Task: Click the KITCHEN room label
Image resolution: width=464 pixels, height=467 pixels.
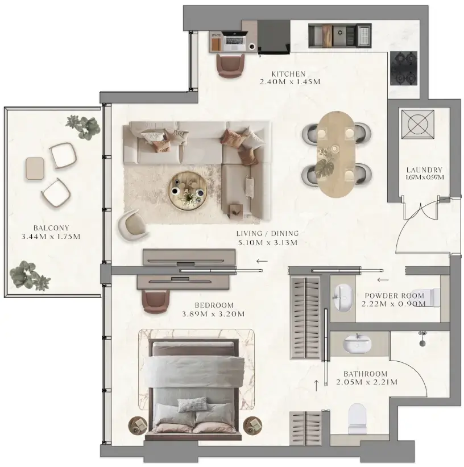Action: [288, 74]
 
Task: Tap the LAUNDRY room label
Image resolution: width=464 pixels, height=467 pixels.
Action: [424, 170]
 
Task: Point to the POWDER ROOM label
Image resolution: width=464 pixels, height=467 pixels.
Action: [394, 296]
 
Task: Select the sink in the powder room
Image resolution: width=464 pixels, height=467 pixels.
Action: [343, 295]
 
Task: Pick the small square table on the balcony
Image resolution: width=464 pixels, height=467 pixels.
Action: [35, 168]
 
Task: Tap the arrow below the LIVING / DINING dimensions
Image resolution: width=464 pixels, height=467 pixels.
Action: [262, 261]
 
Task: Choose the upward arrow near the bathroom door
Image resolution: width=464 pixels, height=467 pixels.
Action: [317, 385]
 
